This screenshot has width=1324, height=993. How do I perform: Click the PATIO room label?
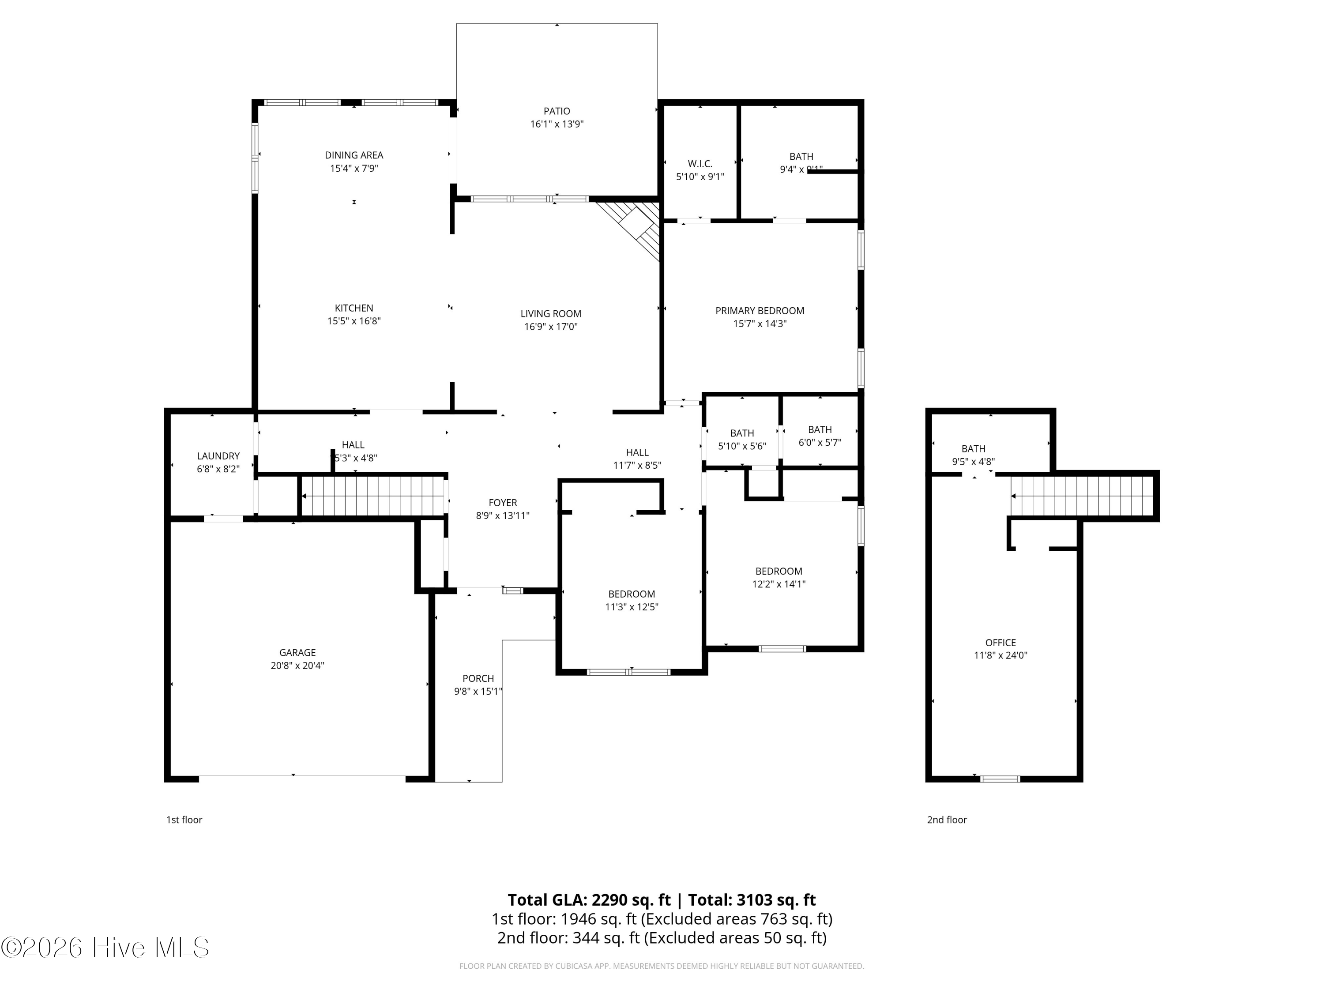pos(556,111)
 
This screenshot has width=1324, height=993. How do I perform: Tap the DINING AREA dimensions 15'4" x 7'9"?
pos(354,169)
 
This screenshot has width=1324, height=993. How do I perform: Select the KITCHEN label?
pos(354,308)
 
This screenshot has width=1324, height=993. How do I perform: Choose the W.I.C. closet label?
pos(700,164)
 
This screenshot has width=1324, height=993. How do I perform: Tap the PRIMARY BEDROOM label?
pos(759,311)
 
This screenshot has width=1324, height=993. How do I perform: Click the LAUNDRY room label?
pos(218,456)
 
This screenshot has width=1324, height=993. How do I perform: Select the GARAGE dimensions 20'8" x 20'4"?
pos(297,666)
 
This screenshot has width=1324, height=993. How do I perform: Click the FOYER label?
pos(502,503)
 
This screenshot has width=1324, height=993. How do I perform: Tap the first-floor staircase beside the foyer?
pos(372,496)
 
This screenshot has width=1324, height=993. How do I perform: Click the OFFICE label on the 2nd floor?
pos(1000,643)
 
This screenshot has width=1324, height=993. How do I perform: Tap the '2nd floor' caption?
pos(946,820)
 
